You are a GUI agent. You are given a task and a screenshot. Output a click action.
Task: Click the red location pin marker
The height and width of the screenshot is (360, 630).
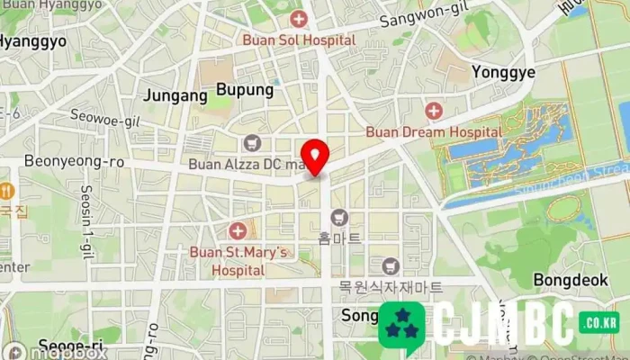314,157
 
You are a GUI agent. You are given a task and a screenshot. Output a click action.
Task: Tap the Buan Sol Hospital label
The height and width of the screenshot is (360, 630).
299,40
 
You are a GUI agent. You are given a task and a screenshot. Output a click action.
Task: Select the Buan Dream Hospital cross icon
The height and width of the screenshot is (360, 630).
434,111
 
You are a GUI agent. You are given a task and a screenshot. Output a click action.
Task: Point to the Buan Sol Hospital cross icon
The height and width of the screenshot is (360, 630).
299,19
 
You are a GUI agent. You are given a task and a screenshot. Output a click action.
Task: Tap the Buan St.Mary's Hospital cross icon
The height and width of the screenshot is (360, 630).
238,231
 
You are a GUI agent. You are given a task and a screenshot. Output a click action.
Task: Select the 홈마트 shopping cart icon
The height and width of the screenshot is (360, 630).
339,217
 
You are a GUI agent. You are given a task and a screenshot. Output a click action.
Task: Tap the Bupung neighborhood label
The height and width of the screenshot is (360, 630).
244,90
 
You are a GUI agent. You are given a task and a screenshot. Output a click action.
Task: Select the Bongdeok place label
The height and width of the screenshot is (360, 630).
571,280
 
